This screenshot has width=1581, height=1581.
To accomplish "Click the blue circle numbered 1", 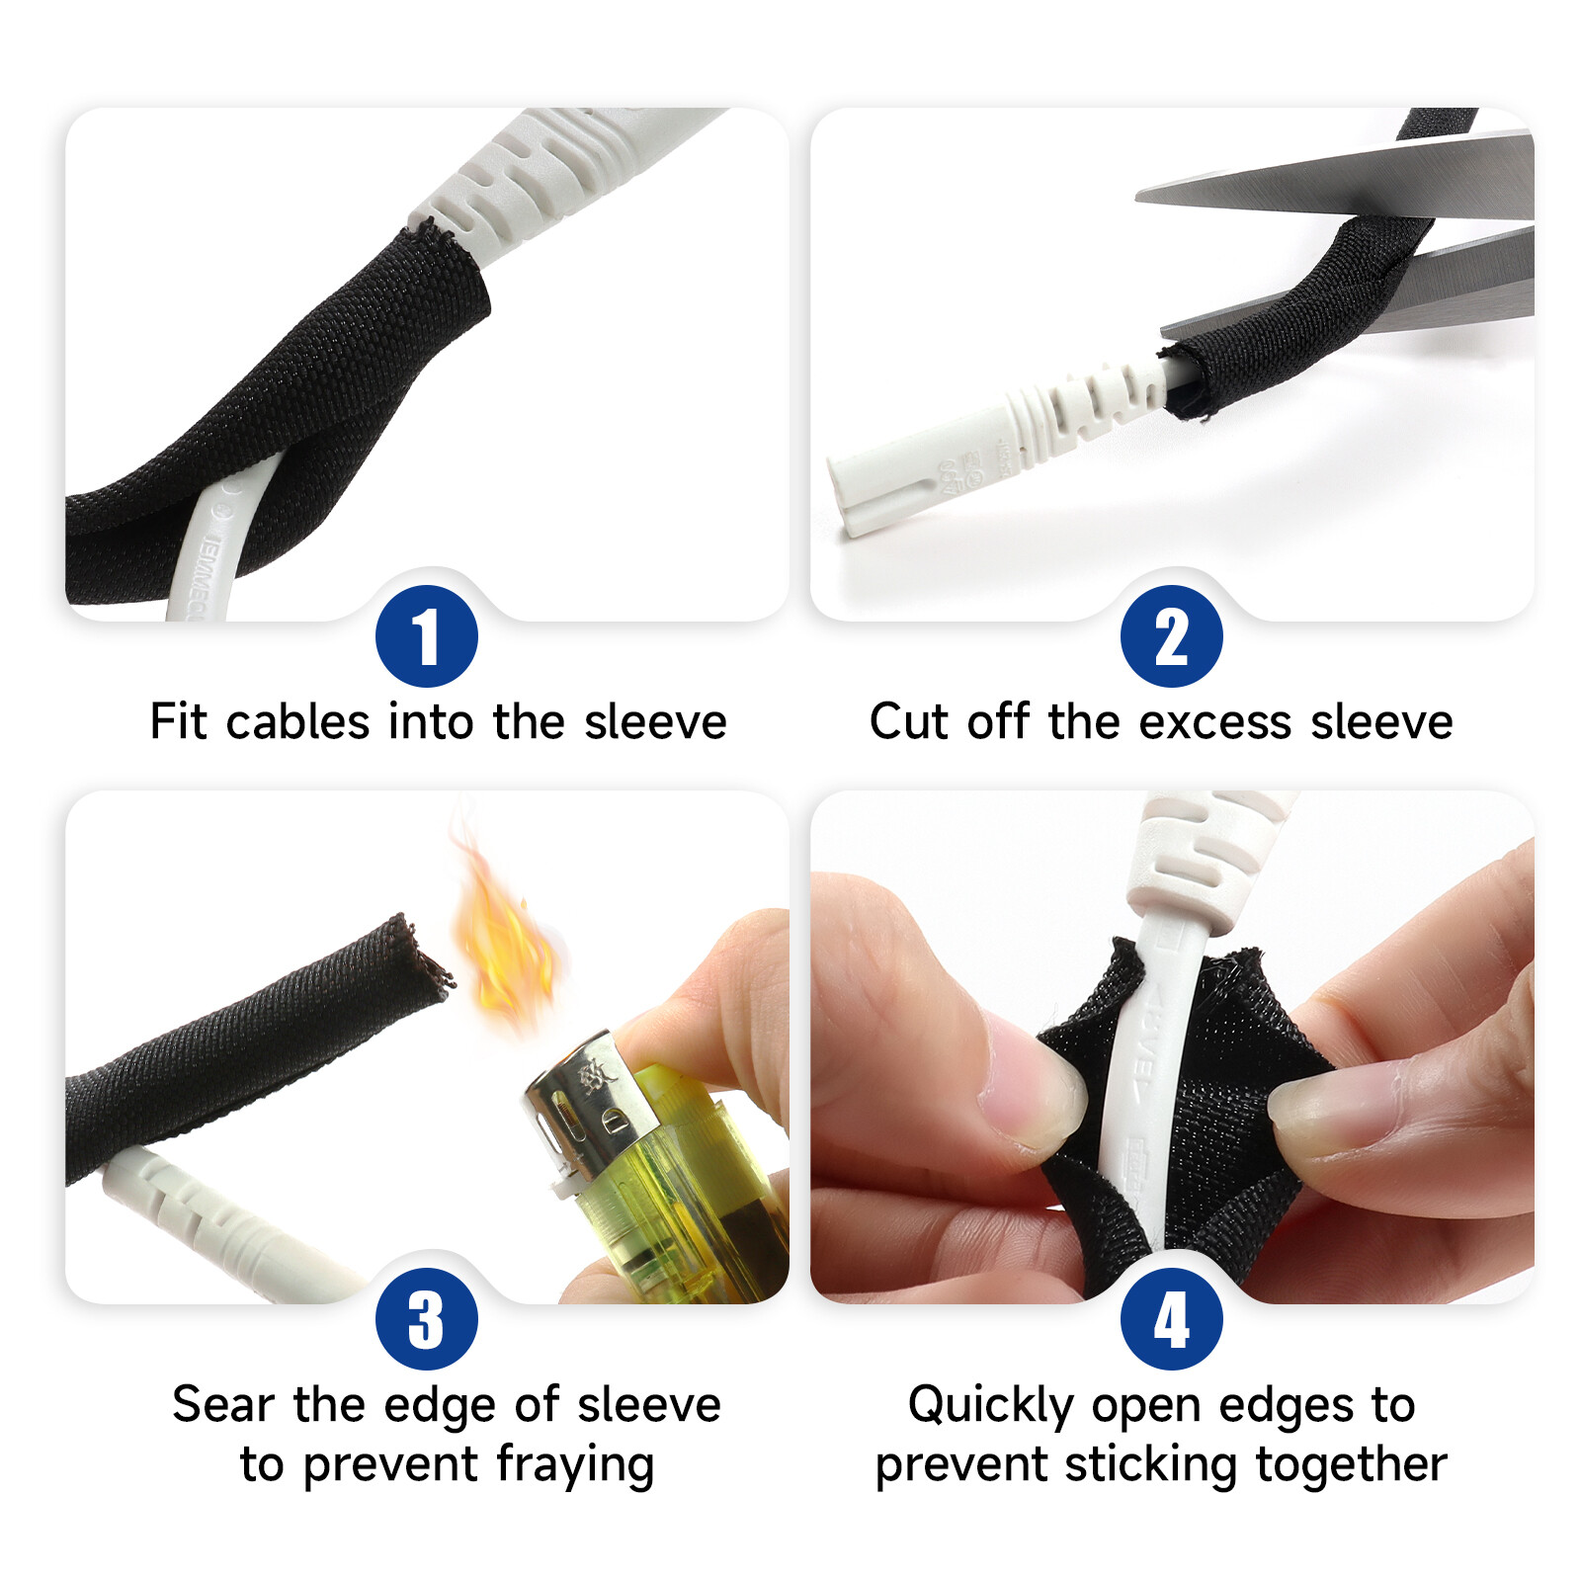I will tap(426, 635).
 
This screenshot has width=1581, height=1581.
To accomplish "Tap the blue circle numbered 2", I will tap(1171, 635).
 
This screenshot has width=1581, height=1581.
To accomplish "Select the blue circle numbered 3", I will tap(426, 1318).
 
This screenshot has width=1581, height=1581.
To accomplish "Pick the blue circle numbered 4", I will tap(1171, 1318).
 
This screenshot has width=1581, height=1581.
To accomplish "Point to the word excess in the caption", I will tap(1214, 721).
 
